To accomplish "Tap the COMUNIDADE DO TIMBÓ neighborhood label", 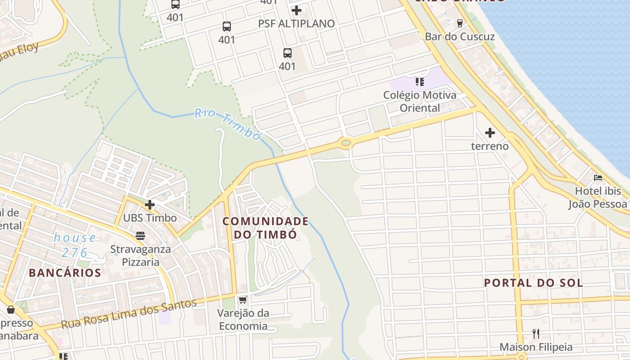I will pos(265,228).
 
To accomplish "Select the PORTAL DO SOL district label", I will pos(533,283).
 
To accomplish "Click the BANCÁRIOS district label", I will pos(65,273).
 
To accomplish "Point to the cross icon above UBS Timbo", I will pos(150,205).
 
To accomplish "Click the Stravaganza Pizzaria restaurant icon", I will pos(140,235).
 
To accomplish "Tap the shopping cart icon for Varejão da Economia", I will pos(243,300).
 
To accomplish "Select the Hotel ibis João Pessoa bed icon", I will pos(598,178).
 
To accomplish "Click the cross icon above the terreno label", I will pos(490,133).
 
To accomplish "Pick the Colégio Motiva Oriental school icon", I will pos(419,82).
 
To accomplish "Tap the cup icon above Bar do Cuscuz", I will pos(459,23).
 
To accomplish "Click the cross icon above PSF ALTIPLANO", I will pos(296,10).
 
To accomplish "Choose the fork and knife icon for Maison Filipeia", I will pos(536,333).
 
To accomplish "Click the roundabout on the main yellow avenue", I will pos(346,143).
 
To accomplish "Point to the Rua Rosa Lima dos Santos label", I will pos(129,314).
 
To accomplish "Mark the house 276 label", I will pos(75,245).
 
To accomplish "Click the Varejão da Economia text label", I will pos(243,319).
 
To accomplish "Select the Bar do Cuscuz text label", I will pos(459,37).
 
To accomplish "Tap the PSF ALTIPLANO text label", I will pos(296,23).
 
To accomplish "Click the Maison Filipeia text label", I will pos(536,347).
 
